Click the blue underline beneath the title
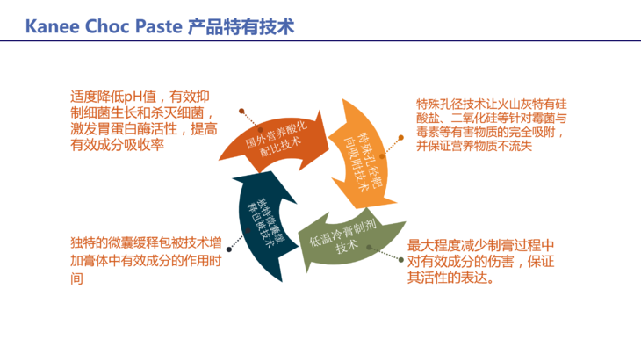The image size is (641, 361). [x=320, y=42]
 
